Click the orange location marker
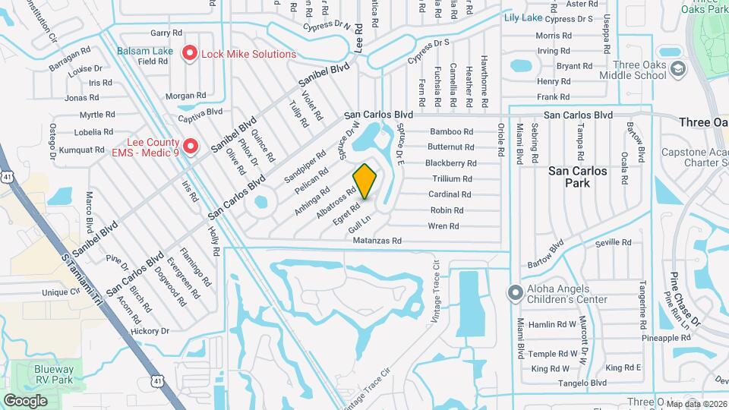pos(365,181)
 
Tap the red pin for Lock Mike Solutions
pos(189,54)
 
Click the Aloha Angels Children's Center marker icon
pos(515,292)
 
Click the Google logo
pos(25,400)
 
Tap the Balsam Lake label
pos(145,52)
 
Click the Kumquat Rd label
pos(81,150)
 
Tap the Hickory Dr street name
pos(149,331)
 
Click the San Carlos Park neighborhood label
pos(578,177)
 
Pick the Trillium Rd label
pos(452,179)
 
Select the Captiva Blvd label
pos(200,111)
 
